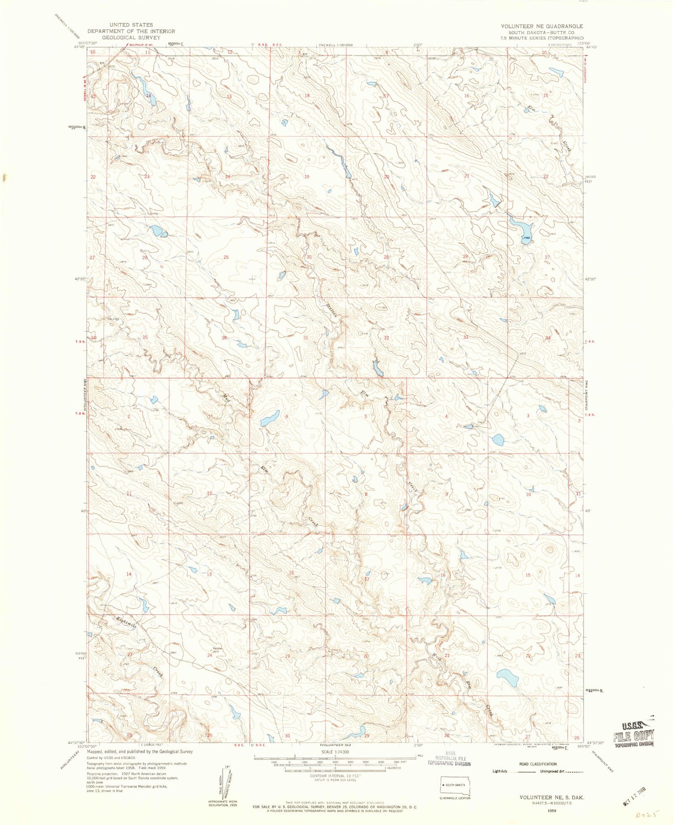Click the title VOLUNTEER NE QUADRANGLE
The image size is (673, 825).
[x=542, y=27]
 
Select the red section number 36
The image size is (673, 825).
[x=224, y=338]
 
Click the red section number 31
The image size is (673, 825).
[x=306, y=337]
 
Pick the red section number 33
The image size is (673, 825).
[x=465, y=337]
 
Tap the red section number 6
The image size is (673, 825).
[x=287, y=416]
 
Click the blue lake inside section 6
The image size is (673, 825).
[x=270, y=418]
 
